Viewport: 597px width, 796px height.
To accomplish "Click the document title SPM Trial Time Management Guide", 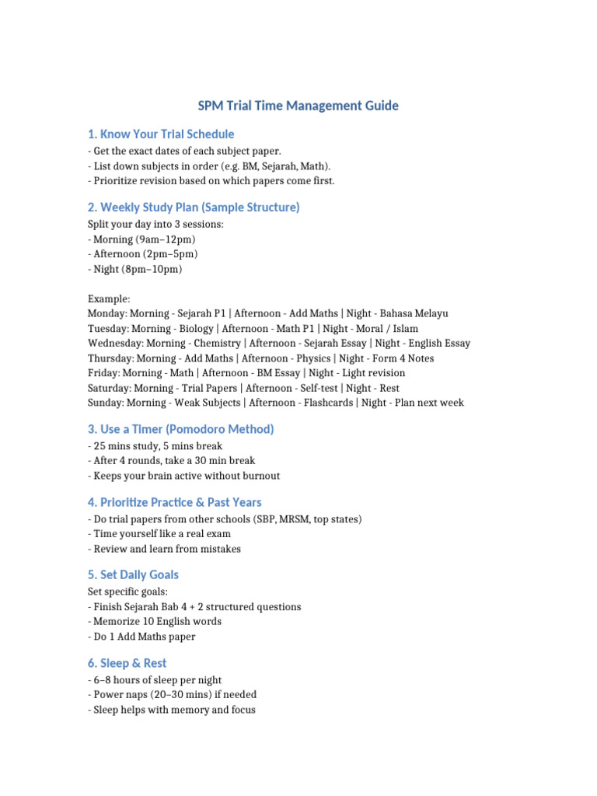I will pyautogui.click(x=298, y=106).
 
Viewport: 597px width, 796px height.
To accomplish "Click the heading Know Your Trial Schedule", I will pyautogui.click(x=161, y=134).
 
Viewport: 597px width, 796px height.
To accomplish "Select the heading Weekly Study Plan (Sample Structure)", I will pyautogui.click(x=194, y=208).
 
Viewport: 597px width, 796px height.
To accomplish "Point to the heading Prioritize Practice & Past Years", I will pyautogui.click(x=174, y=502).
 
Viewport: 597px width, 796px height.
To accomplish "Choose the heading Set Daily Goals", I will pyautogui.click(x=133, y=575).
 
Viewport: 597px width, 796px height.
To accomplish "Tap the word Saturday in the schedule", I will pyautogui.click(x=109, y=388).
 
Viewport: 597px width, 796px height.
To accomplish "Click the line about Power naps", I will pyautogui.click(x=173, y=695).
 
